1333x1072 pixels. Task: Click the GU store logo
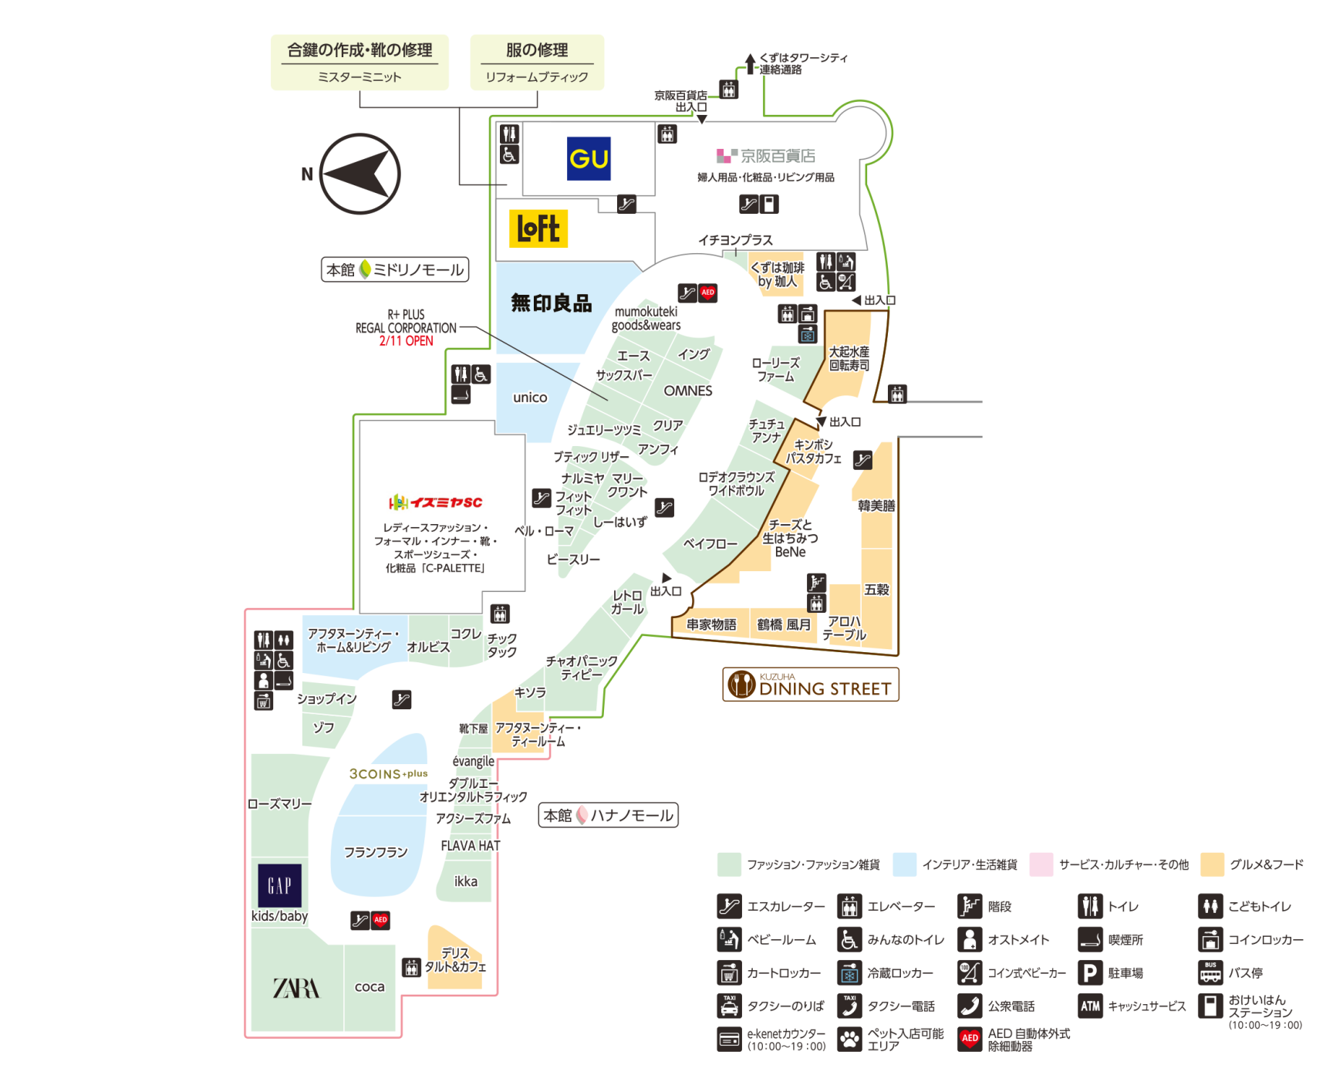[589, 159]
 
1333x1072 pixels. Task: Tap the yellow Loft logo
[538, 228]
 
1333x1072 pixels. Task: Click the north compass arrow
[359, 174]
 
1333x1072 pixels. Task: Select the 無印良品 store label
[551, 303]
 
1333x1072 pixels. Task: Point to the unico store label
[530, 397]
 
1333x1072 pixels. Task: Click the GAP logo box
[279, 884]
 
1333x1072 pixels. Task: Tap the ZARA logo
[296, 988]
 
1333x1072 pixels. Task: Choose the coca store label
[370, 986]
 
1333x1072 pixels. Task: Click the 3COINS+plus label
[388, 773]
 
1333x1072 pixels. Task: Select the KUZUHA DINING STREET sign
[811, 685]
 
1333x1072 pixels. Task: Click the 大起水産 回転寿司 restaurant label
[849, 358]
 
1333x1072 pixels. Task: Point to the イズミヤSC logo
[436, 502]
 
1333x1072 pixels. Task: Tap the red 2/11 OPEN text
[406, 341]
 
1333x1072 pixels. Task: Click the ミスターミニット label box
[359, 63]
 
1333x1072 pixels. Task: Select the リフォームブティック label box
[537, 63]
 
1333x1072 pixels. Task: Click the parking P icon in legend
[1090, 972]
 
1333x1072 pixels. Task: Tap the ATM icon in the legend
[1090, 1006]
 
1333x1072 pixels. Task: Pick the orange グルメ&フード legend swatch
[1212, 864]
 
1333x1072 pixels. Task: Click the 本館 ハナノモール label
[608, 815]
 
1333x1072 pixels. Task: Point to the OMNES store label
[687, 391]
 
